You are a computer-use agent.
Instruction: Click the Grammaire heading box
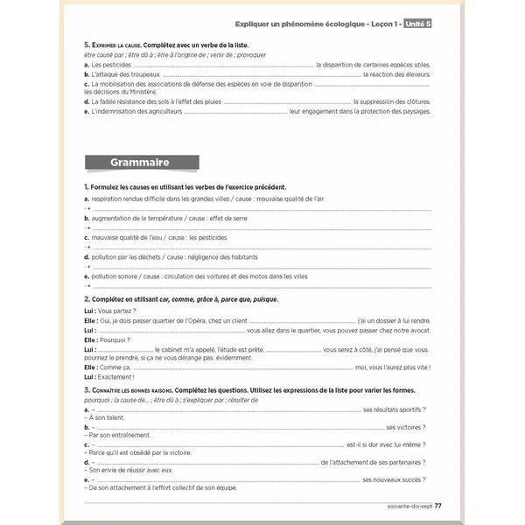tap(140, 162)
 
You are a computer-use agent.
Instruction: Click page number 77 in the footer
tap(438, 505)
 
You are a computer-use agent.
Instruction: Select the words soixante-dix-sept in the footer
tap(409, 505)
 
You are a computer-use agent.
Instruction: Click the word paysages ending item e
tap(416, 111)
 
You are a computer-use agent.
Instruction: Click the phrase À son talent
tap(108, 417)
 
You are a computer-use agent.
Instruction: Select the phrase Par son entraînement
tap(117, 435)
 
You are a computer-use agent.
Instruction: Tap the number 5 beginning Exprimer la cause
tap(86, 45)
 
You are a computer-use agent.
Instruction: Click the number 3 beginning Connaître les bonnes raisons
tap(86, 389)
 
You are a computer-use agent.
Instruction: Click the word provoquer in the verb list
tap(248, 55)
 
